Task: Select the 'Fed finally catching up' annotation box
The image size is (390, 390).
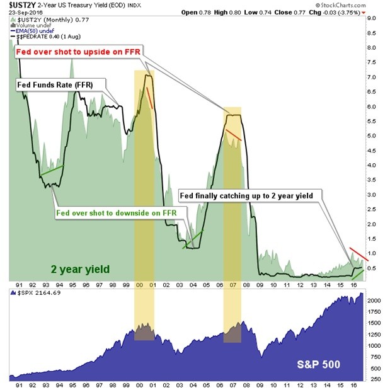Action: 251,195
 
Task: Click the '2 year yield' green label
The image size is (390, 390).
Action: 80,269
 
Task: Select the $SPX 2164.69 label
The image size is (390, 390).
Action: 34,293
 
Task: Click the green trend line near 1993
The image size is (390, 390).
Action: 51,170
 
